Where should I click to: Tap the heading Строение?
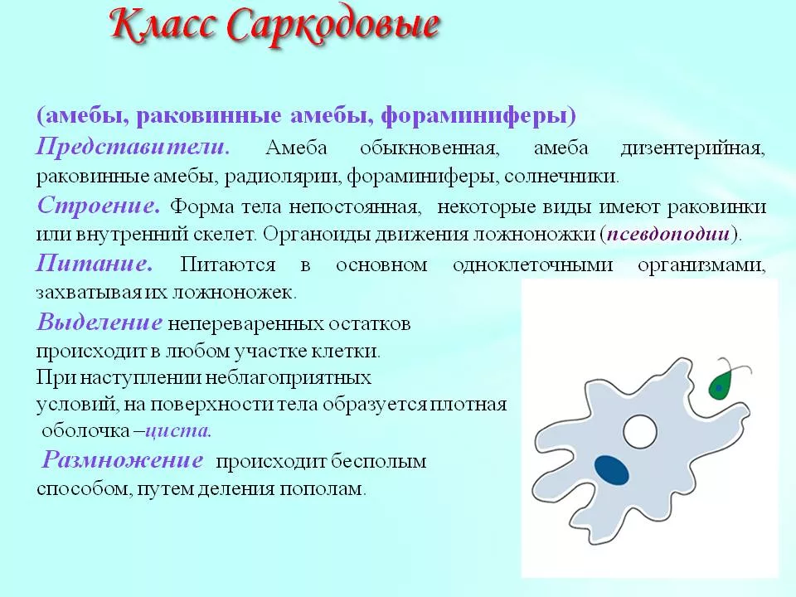(99, 205)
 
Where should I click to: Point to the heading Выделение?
(99, 322)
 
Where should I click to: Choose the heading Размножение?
(123, 460)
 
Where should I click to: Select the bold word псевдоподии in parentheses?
(669, 234)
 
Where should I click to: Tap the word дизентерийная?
(692, 148)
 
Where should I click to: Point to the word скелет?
(225, 235)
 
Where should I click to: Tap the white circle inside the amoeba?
(639, 431)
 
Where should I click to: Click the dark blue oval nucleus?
(612, 469)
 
